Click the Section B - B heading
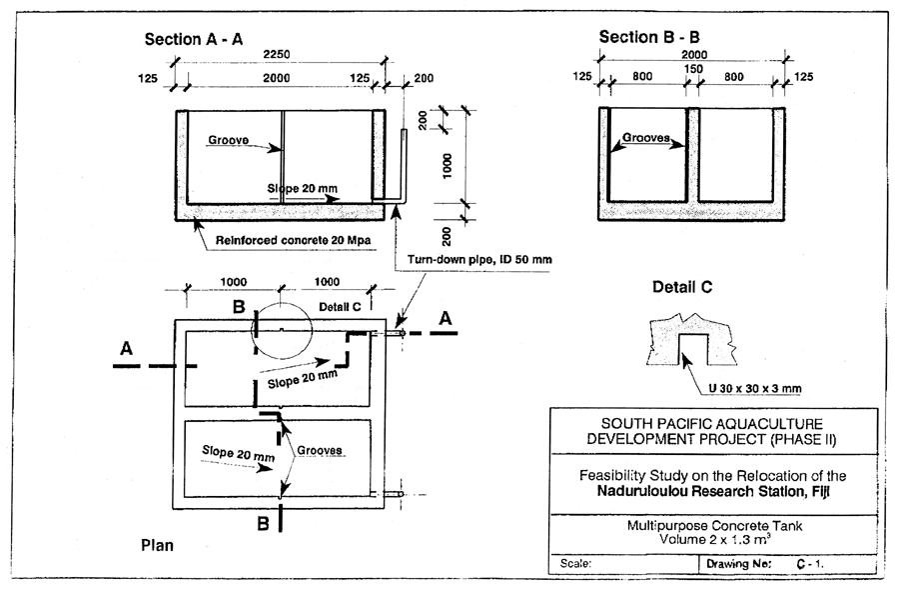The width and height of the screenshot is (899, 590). click(x=649, y=38)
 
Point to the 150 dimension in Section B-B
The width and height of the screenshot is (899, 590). click(x=692, y=69)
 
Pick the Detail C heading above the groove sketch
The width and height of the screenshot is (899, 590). click(x=682, y=288)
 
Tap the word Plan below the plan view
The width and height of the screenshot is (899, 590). click(x=160, y=546)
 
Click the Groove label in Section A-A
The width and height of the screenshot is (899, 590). click(x=229, y=141)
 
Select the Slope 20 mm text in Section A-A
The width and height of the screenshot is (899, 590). click(x=304, y=187)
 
